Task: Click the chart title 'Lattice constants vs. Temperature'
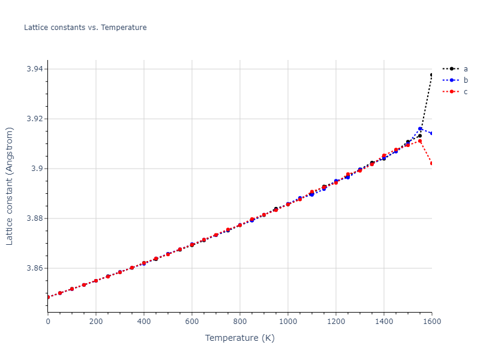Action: click(85, 28)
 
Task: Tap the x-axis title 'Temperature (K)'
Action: click(239, 338)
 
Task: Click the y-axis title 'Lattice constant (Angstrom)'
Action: click(10, 186)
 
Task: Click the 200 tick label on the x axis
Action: click(96, 321)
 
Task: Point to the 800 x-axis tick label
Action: click(240, 321)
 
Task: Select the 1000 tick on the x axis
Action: click(288, 321)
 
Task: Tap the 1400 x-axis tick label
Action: click(384, 321)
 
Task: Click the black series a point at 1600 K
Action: click(431, 75)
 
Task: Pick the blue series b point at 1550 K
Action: click(420, 129)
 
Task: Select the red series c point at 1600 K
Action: click(431, 163)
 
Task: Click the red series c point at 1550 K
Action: click(420, 141)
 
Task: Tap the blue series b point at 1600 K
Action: click(431, 133)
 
